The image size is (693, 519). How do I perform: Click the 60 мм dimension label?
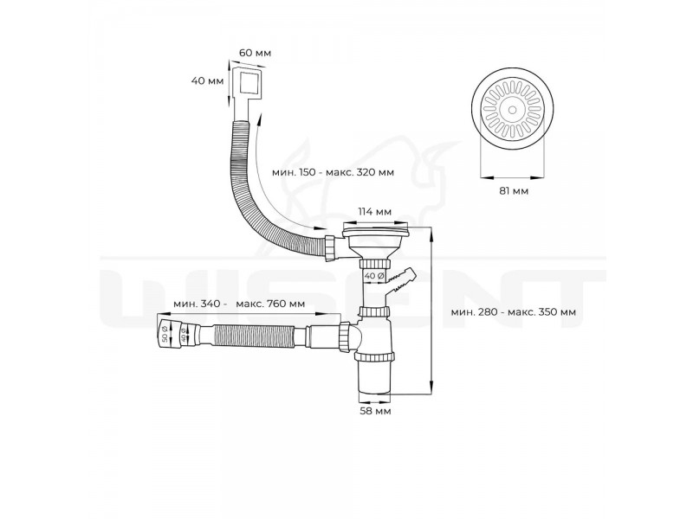[x=255, y=53]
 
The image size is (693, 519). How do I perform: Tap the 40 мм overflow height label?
[x=207, y=81]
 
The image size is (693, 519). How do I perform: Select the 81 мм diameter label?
[x=514, y=191]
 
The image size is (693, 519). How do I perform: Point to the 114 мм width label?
[x=374, y=212]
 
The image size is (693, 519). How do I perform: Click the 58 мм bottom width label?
[x=375, y=412]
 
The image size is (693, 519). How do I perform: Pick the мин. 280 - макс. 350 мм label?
[x=513, y=312]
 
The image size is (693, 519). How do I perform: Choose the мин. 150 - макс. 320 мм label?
[x=333, y=172]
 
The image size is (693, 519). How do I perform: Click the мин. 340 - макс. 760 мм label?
[x=239, y=304]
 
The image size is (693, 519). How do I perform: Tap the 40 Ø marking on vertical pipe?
[x=373, y=277]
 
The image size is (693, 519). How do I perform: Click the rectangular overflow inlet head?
[x=247, y=85]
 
